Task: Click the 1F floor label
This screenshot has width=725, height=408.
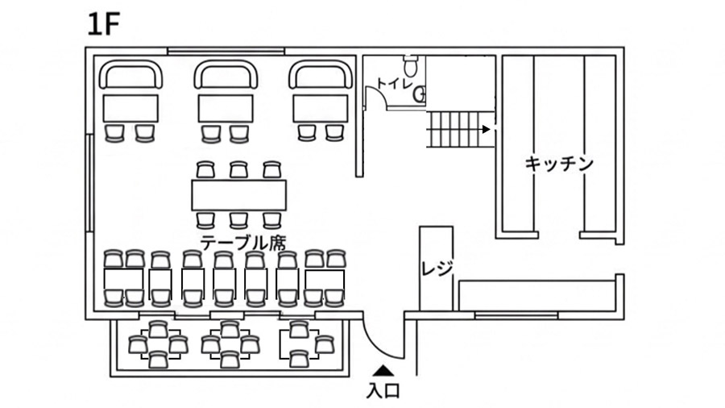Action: point(104,25)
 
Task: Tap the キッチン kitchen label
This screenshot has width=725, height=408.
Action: point(559,164)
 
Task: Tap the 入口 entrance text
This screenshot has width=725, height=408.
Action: point(383,393)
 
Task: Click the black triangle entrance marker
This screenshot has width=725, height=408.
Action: point(383,371)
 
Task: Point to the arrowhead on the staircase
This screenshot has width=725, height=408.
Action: point(486,128)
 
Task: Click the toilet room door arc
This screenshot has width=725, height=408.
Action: point(374,95)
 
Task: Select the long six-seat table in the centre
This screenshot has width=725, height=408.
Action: point(238,194)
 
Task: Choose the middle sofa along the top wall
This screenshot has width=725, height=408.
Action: point(226,76)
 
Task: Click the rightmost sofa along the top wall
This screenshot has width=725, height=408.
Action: point(321,76)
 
